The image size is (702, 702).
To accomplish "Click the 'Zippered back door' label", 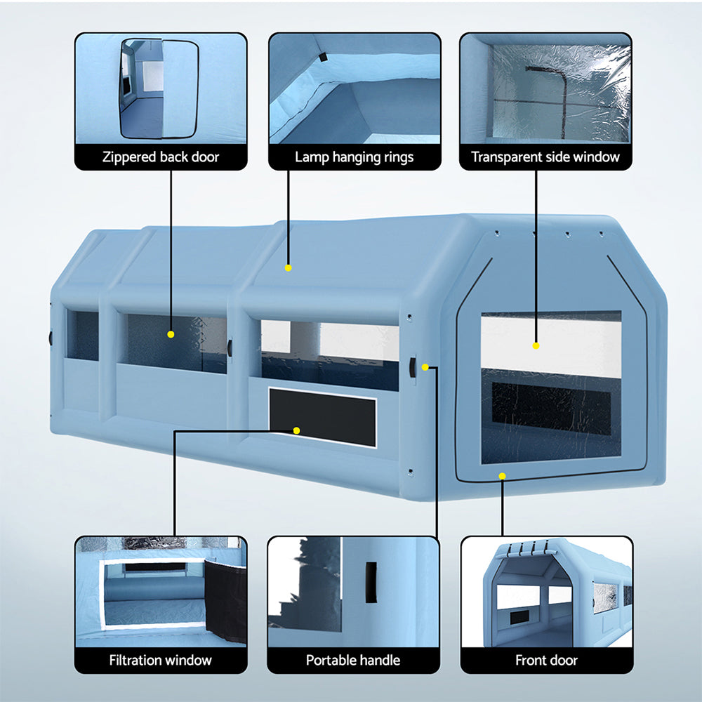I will (x=161, y=157).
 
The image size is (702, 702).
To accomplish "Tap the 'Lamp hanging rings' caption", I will (x=354, y=157).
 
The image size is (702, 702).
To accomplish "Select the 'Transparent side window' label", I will (x=545, y=157).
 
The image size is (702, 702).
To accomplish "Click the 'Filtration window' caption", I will (x=161, y=660).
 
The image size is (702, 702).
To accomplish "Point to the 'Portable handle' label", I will (x=353, y=660).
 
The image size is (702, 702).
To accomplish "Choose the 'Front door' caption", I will (x=546, y=660).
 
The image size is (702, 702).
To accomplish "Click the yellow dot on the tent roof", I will (x=288, y=267).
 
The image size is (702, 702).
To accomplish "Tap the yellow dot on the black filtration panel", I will (x=297, y=430).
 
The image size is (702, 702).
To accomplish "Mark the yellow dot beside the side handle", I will (x=425, y=367).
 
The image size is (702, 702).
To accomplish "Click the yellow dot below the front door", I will (x=502, y=476).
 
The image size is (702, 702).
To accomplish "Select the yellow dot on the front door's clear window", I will (x=536, y=345).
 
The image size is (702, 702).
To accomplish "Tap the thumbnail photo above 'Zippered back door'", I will (x=161, y=88).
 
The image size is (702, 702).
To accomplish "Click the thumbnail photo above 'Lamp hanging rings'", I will (x=354, y=88).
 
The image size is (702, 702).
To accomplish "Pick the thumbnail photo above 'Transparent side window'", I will (x=545, y=88).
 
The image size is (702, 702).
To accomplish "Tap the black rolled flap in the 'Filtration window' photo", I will (x=226, y=600).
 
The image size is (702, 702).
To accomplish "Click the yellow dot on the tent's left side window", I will (x=171, y=335).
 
